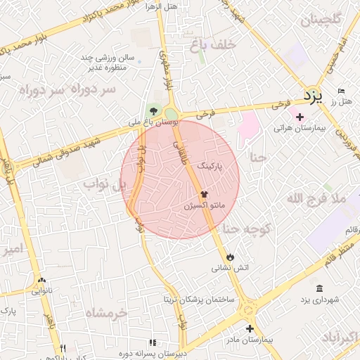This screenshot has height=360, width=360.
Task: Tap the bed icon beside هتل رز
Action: (342, 92)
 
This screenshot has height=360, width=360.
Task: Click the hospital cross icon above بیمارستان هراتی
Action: (300, 117)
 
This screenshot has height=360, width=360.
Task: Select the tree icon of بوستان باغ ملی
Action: (153, 110)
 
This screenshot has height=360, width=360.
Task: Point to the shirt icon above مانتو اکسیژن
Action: (204, 194)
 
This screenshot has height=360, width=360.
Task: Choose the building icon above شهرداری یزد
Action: (320, 289)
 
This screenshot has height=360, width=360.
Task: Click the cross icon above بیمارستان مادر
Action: (250, 328)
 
